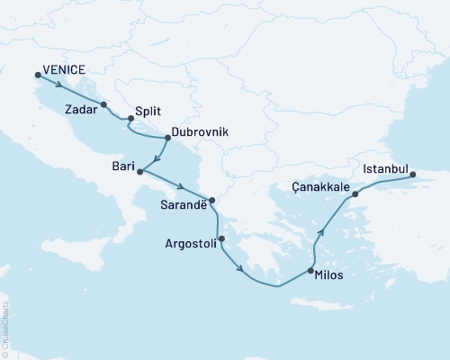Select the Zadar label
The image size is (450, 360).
[x=83, y=109]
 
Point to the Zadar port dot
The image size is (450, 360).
[x=105, y=104]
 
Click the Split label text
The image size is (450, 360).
[x=148, y=112]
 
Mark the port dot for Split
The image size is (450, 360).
[x=130, y=117]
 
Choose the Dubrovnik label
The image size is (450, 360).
[x=202, y=131]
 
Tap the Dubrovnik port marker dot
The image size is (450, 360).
[x=167, y=138]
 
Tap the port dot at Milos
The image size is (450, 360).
[x=310, y=271]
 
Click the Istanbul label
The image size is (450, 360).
[x=385, y=168]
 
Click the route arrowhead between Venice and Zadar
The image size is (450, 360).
[x=59, y=86]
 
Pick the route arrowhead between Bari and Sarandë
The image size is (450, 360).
[x=181, y=188]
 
